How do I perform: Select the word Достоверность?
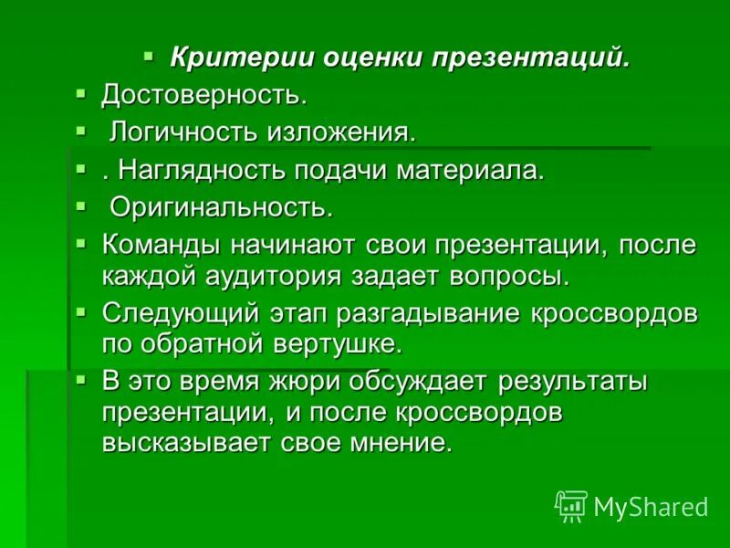coord(203,94)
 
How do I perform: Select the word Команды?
coord(157,246)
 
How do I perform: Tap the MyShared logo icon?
coord(571,506)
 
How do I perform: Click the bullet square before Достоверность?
coord(80,93)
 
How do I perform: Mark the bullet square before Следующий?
coord(80,312)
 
